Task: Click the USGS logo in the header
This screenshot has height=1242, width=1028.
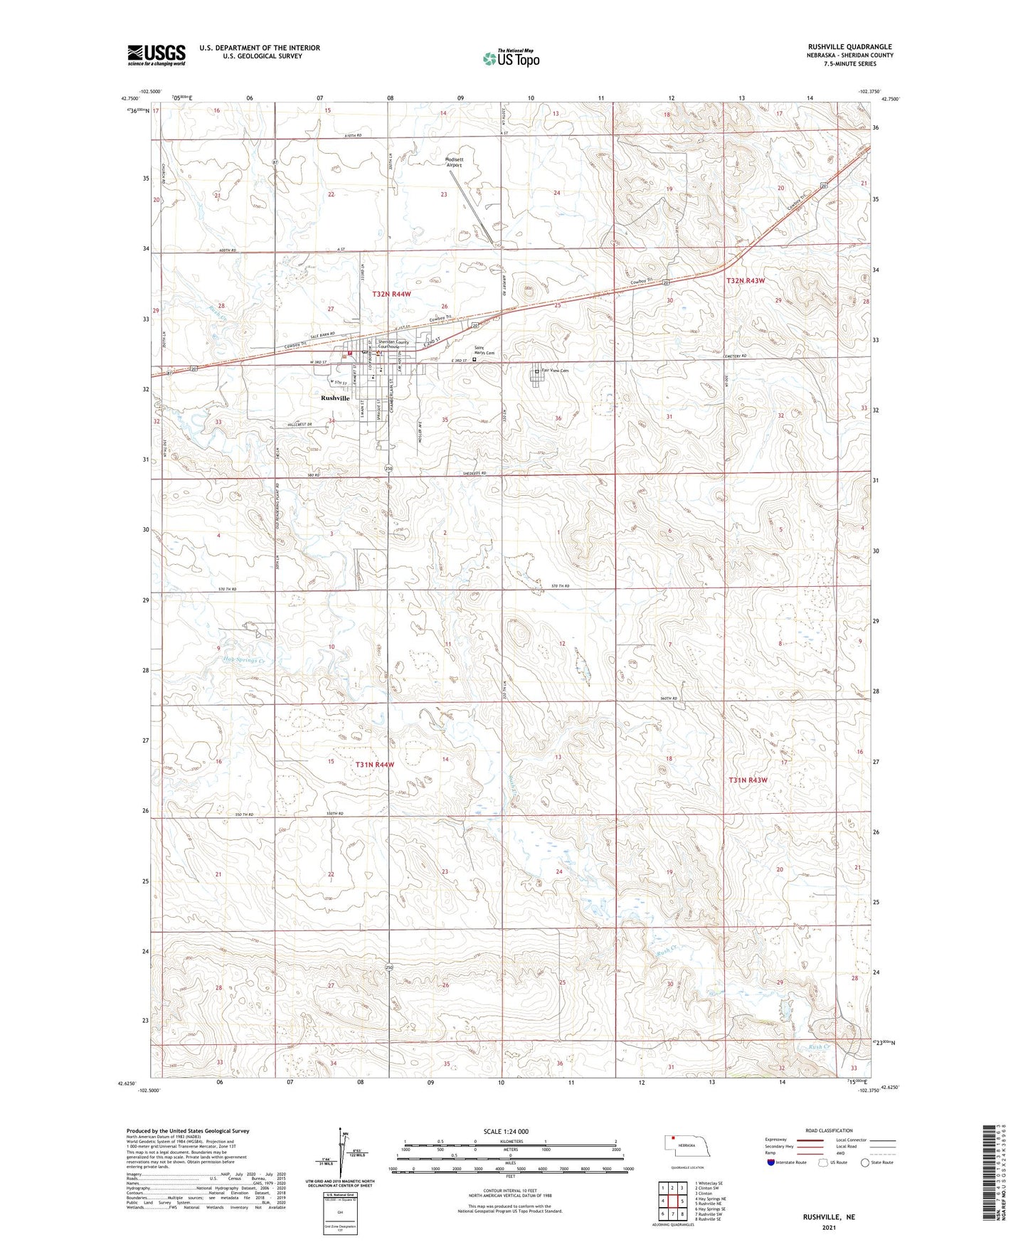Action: (157, 55)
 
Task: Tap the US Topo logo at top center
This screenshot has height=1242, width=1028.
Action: (511, 58)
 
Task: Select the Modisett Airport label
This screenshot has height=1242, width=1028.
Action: (454, 162)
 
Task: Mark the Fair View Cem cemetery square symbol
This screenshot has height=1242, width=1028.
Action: (536, 371)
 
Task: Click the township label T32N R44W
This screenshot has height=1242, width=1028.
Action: (391, 294)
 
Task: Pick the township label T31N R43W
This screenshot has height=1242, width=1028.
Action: (748, 780)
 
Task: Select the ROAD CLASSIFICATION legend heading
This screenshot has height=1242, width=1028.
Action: (830, 1130)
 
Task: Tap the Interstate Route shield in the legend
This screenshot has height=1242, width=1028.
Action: (772, 1162)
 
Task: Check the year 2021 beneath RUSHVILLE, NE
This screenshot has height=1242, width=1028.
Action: (829, 1227)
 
